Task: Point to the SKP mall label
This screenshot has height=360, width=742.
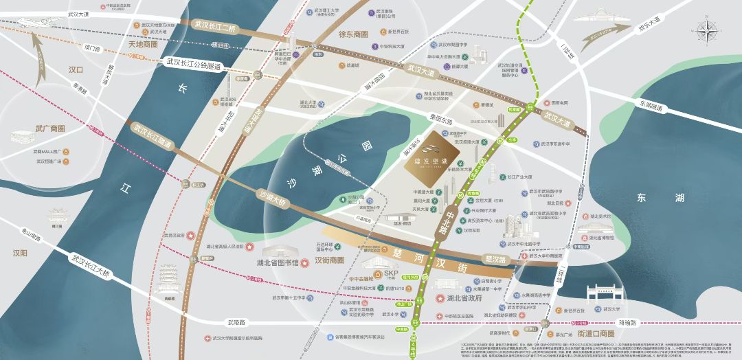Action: tap(391, 273)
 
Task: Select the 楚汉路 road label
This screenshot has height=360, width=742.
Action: tap(495, 260)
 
